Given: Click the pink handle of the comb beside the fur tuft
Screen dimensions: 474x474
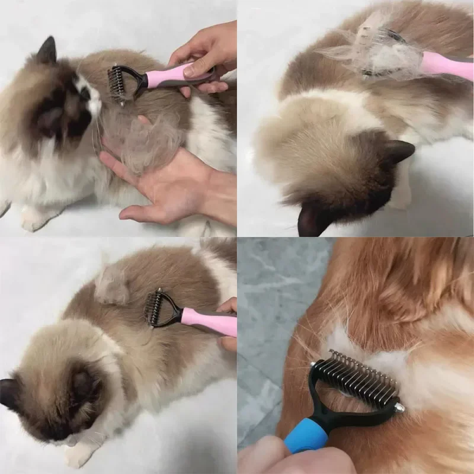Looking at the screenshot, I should (x=207, y=320).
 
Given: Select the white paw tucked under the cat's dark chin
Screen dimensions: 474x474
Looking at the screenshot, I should (x=80, y=453).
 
